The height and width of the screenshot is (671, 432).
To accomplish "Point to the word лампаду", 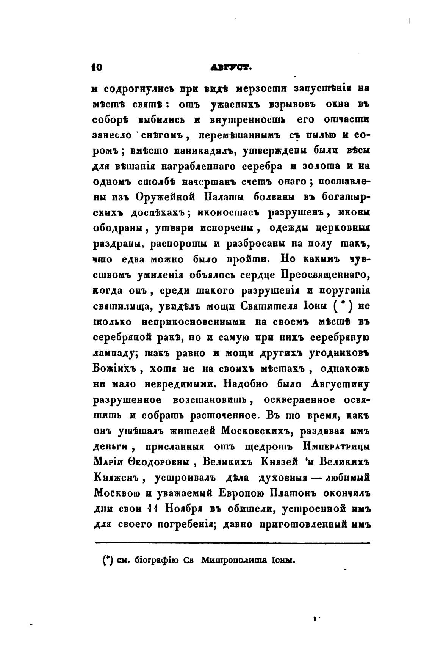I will coord(115,353).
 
